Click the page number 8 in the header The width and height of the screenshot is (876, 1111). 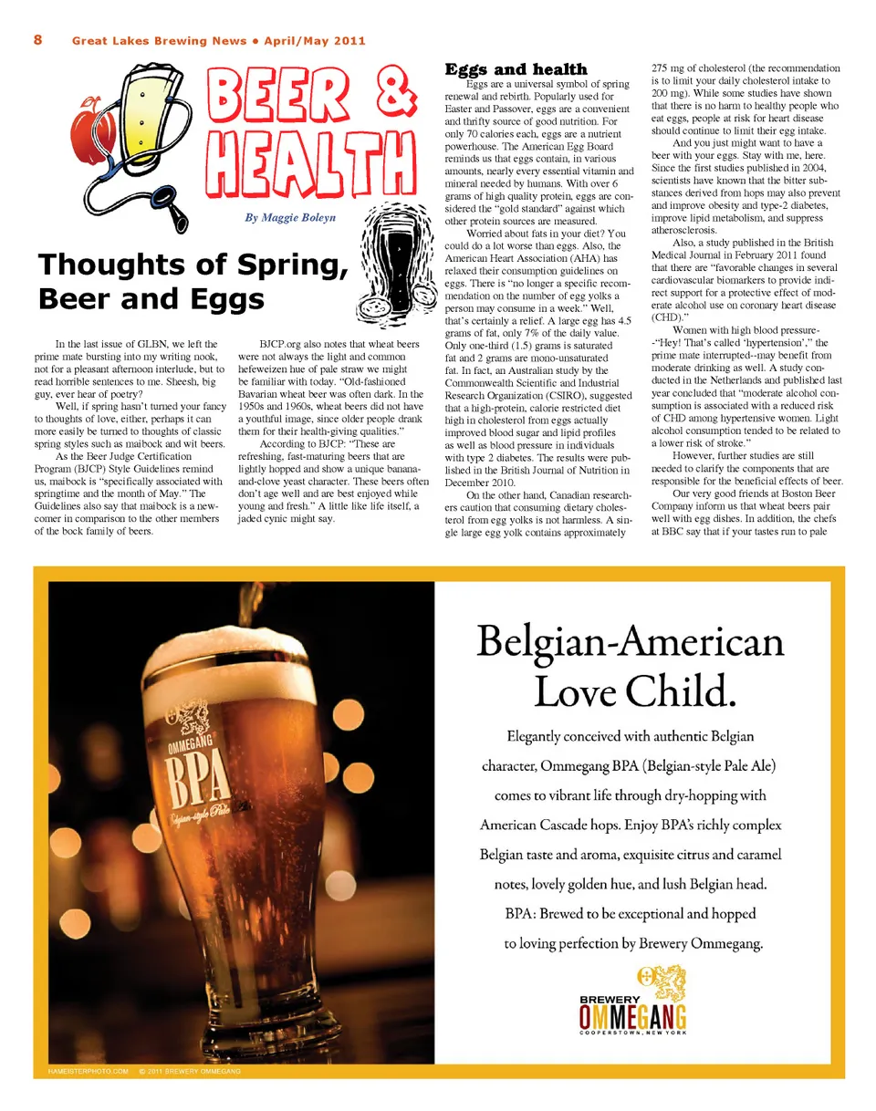(38, 40)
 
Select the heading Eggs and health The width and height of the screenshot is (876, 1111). (516, 69)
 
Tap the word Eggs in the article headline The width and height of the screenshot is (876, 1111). (220, 298)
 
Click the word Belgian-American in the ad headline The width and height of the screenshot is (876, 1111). (630, 643)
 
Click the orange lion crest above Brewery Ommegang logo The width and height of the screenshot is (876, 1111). (659, 983)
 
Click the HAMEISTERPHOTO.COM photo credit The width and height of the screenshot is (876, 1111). (86, 1070)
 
